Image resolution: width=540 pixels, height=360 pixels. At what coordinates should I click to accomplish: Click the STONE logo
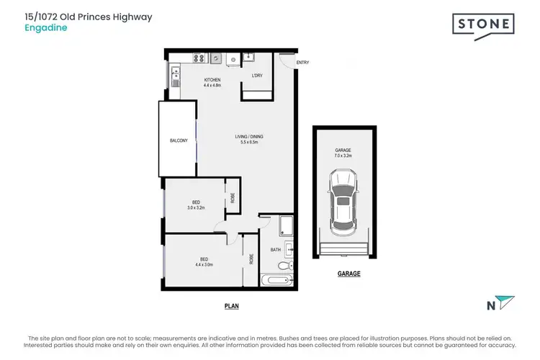pos(483,25)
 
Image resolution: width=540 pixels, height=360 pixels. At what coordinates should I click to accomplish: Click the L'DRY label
pos(256,76)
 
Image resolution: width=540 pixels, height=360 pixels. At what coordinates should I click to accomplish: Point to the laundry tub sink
pos(249,57)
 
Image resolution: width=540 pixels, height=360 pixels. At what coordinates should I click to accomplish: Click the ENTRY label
pos(302,63)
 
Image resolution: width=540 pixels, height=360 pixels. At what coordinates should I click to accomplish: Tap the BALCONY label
pos(178,140)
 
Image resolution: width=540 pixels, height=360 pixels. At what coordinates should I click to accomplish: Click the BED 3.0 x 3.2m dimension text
pos(196,207)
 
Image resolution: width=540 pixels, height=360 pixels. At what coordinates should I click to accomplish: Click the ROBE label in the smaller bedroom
pos(233,197)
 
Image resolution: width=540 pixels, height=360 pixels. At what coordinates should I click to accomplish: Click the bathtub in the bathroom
pos(274,281)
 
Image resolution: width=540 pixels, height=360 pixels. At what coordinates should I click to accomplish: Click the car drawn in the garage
pos(343,201)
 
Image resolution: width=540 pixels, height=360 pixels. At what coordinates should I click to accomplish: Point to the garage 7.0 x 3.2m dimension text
pos(343,154)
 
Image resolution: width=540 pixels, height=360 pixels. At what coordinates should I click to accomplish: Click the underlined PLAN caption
pos(231,306)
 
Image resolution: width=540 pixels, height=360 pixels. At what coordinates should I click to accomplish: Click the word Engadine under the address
pos(40,30)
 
